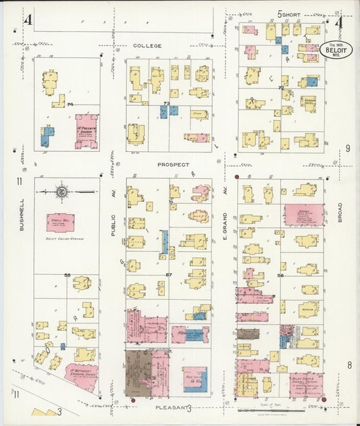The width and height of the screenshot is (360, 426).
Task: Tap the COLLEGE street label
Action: (147, 46)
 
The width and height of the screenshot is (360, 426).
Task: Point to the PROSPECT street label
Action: (174, 164)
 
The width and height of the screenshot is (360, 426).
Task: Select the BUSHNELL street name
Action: (22, 215)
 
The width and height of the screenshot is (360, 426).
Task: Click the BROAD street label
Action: (340, 215)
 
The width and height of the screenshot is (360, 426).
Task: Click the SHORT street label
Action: (291, 14)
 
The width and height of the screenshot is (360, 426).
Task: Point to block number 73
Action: (165, 103)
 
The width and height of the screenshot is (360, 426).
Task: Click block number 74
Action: (70, 104)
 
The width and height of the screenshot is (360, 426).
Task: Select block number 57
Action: (169, 275)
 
